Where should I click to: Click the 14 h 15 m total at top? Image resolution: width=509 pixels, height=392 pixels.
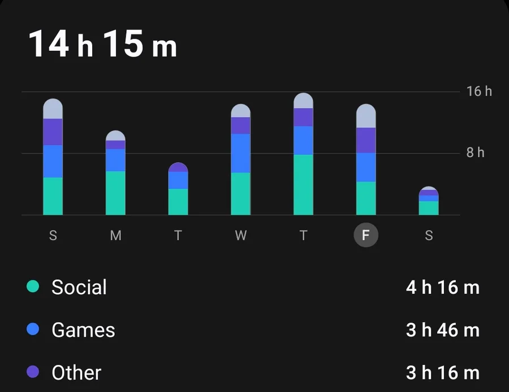click(102, 44)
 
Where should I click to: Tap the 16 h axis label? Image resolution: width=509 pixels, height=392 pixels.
click(479, 92)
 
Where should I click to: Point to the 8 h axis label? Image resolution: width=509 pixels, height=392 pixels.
click(475, 153)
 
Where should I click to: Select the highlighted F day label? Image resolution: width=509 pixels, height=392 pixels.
click(366, 236)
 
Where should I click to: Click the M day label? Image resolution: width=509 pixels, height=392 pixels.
click(115, 236)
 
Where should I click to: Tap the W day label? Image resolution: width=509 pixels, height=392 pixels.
click(241, 236)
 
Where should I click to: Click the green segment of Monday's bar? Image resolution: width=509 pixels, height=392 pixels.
click(115, 193)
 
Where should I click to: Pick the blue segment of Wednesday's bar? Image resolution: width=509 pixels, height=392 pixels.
click(241, 153)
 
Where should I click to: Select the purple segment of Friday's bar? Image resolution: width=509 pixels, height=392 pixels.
click(366, 140)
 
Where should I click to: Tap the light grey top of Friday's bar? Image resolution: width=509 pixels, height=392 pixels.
click(366, 116)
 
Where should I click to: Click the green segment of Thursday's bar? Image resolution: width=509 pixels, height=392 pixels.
click(303, 185)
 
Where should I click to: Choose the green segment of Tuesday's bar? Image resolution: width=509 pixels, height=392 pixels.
click(178, 202)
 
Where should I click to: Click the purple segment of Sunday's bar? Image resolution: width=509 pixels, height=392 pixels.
click(53, 132)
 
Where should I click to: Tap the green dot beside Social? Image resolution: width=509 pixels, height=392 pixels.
click(33, 286)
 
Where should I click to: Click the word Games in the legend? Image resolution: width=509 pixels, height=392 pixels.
click(83, 330)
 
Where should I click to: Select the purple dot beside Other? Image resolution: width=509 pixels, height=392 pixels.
click(33, 372)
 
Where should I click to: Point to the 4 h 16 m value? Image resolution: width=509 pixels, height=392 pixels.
click(442, 288)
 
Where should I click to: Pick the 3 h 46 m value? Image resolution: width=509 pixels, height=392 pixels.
click(442, 330)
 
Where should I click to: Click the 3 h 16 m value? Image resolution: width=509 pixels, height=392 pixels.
click(442, 373)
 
